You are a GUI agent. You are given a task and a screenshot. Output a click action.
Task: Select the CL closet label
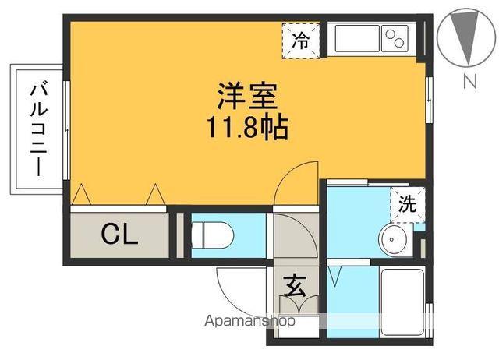(119, 234)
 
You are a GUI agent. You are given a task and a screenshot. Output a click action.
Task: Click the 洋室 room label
(249, 98)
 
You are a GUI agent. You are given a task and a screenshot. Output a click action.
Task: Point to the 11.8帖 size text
(248, 126)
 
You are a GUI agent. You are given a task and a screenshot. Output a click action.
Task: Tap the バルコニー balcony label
(36, 129)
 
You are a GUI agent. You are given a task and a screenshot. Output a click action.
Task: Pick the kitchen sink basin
(356, 38)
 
